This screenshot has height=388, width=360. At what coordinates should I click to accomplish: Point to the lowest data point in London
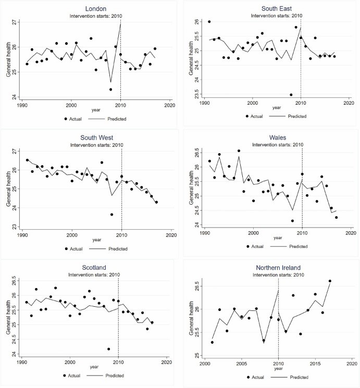click(110, 90)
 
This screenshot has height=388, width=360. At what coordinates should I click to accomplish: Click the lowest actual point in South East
click(291, 94)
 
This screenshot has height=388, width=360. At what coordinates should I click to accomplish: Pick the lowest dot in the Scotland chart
click(108, 349)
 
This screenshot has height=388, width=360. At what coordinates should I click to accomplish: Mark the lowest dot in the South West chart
click(111, 215)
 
